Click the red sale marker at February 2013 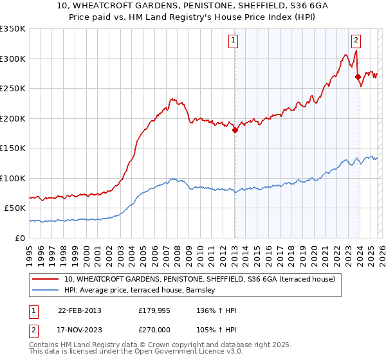coord(235,130)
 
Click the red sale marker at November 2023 coord(358,76)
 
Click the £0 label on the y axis coord(20,238)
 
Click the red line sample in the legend coord(46,280)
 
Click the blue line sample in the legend coord(46,291)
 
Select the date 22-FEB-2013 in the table coord(80,310)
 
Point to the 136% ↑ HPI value coord(217,310)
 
